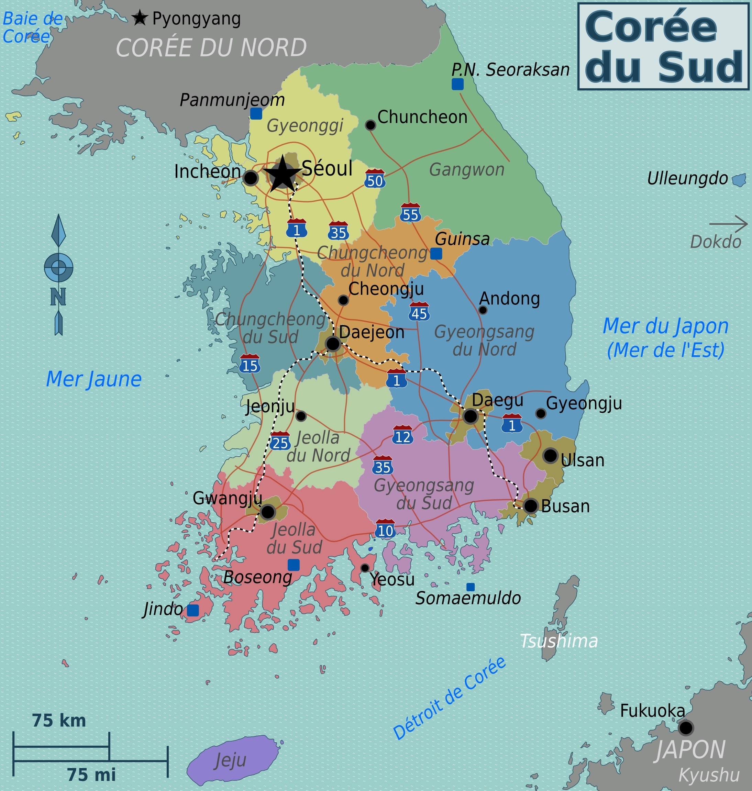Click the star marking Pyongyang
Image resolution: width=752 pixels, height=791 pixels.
pos(140,18)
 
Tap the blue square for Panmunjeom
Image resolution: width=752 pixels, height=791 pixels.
pos(256,113)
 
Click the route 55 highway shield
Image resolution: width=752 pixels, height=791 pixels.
pos(410,213)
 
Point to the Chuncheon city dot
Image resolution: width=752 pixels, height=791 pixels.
pos(371,125)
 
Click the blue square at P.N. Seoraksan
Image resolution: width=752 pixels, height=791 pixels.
pos(457,84)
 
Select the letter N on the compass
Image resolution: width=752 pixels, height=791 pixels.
pos(58,297)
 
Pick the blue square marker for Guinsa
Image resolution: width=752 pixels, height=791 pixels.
pos(436,253)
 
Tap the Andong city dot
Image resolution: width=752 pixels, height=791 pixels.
pos(483,310)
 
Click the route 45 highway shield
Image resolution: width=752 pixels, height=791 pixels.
pos(419,312)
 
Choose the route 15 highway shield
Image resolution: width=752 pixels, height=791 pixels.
pos(250,364)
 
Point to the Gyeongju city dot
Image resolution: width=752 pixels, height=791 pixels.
pos(541,413)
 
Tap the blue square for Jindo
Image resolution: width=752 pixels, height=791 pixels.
pos(193,610)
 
